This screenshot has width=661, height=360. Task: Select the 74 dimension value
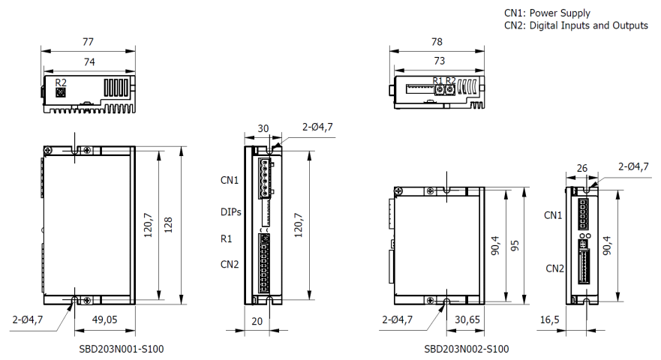click(x=89, y=63)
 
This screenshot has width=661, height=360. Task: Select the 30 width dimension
click(x=263, y=128)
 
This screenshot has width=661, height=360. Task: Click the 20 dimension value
click(x=258, y=320)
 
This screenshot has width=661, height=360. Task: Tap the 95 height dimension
click(x=515, y=245)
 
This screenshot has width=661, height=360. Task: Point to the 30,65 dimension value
click(x=468, y=319)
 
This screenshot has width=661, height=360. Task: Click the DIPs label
click(x=231, y=212)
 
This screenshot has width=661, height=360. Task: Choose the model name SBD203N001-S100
click(x=122, y=349)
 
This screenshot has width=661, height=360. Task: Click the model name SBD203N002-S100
click(x=466, y=349)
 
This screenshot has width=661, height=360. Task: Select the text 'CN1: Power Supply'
click(x=547, y=13)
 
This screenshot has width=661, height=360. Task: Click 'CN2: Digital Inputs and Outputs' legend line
click(x=575, y=25)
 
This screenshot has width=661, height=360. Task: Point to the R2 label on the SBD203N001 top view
click(x=61, y=82)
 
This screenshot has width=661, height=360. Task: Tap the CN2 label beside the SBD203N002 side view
click(x=554, y=268)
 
